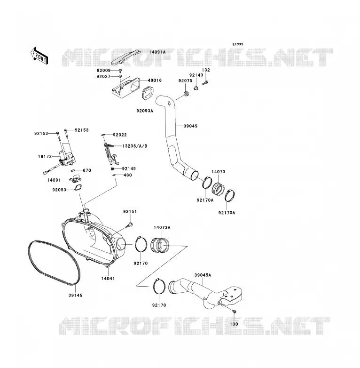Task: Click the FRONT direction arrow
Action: (39, 56)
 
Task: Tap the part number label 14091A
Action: (157, 52)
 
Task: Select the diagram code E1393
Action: (238, 44)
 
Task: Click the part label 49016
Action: (155, 80)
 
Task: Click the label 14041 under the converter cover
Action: (108, 279)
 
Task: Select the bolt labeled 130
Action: (234, 312)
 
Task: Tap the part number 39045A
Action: (203, 275)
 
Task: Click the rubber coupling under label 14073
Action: (218, 188)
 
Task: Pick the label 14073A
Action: (162, 228)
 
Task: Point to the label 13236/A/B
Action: (135, 146)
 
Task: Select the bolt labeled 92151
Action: (130, 225)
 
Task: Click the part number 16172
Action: (45, 157)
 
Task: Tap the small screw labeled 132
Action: (205, 83)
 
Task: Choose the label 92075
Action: (185, 81)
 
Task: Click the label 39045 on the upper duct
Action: (190, 126)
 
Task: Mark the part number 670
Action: (87, 170)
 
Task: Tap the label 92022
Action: (120, 135)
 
